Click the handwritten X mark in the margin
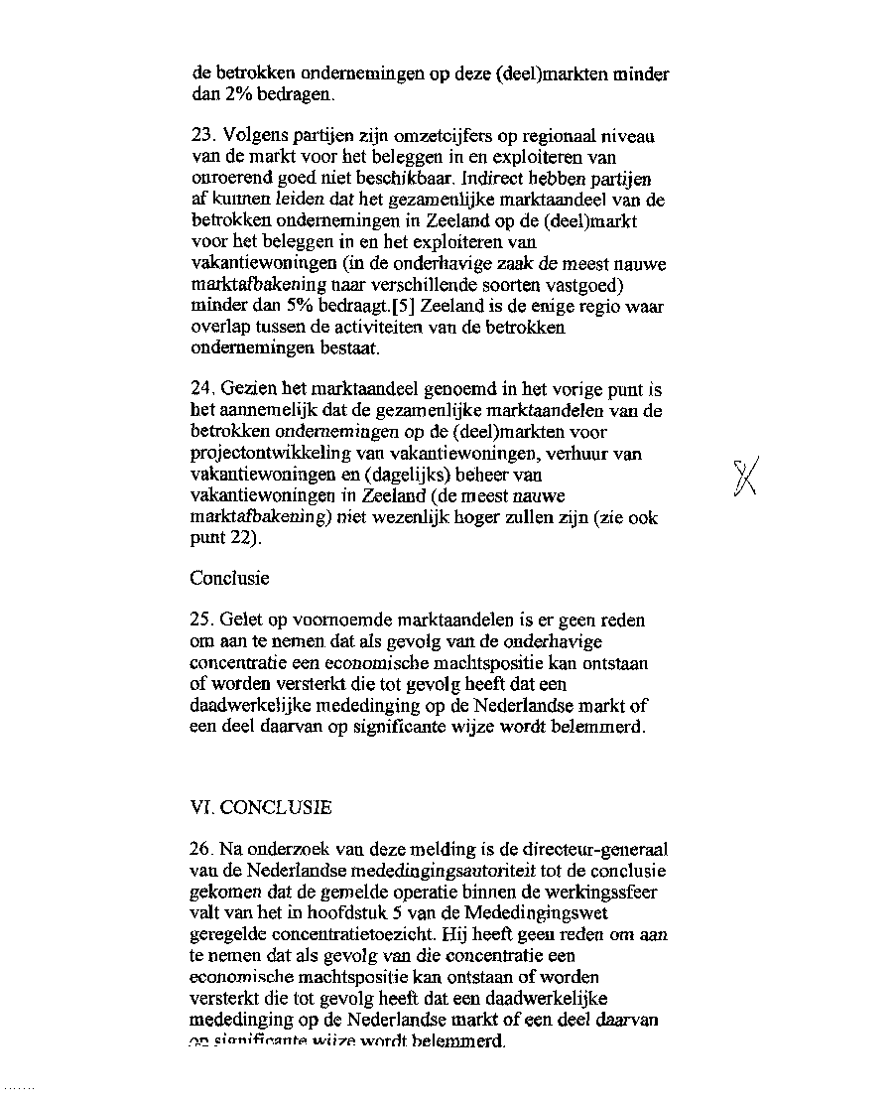744,480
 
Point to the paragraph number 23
202,136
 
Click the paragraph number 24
202,389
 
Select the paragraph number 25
202,620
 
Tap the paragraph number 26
202,850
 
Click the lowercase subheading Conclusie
229,578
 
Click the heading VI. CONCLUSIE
261,808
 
